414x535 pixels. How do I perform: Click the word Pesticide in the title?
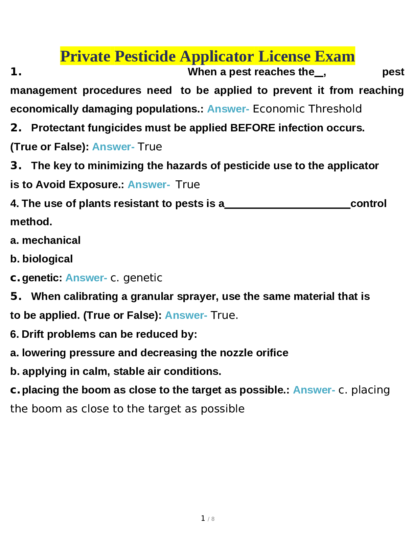pos(145,56)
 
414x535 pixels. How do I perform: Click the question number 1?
pos(16,72)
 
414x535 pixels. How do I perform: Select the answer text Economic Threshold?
pos(307,109)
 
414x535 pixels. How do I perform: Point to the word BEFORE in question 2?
pos(253,128)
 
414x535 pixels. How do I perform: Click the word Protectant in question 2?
pos(58,128)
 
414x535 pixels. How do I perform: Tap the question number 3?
pos(16,165)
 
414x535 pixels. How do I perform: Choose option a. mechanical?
pos(45,240)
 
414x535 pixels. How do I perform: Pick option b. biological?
pos(41,259)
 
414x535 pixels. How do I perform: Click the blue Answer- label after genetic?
pos(86,278)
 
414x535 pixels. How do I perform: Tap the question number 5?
pos(16,296)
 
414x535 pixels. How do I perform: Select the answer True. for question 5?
pos(224,315)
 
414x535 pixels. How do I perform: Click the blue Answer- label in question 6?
pos(314,390)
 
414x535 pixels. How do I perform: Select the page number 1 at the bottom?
pos(203,518)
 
